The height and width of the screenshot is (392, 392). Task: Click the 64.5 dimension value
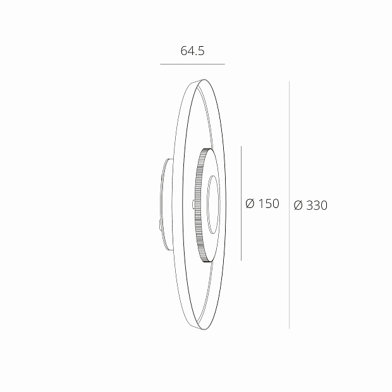192,51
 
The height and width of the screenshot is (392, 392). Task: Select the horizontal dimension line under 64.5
192,64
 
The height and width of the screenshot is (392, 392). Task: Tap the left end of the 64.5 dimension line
161,64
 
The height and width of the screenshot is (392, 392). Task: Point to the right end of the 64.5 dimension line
224,64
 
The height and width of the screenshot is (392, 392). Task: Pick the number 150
269,204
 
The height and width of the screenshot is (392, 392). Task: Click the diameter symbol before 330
298,205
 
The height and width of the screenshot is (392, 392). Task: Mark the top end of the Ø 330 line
289,82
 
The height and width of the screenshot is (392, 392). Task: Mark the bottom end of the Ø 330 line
289,328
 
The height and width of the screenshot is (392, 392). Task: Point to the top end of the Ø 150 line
242,147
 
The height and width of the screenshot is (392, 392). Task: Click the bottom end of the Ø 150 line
242,260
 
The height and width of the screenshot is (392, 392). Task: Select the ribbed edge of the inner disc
200,204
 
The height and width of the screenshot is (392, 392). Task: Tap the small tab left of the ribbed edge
192,204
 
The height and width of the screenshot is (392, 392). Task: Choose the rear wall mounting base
163,204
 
